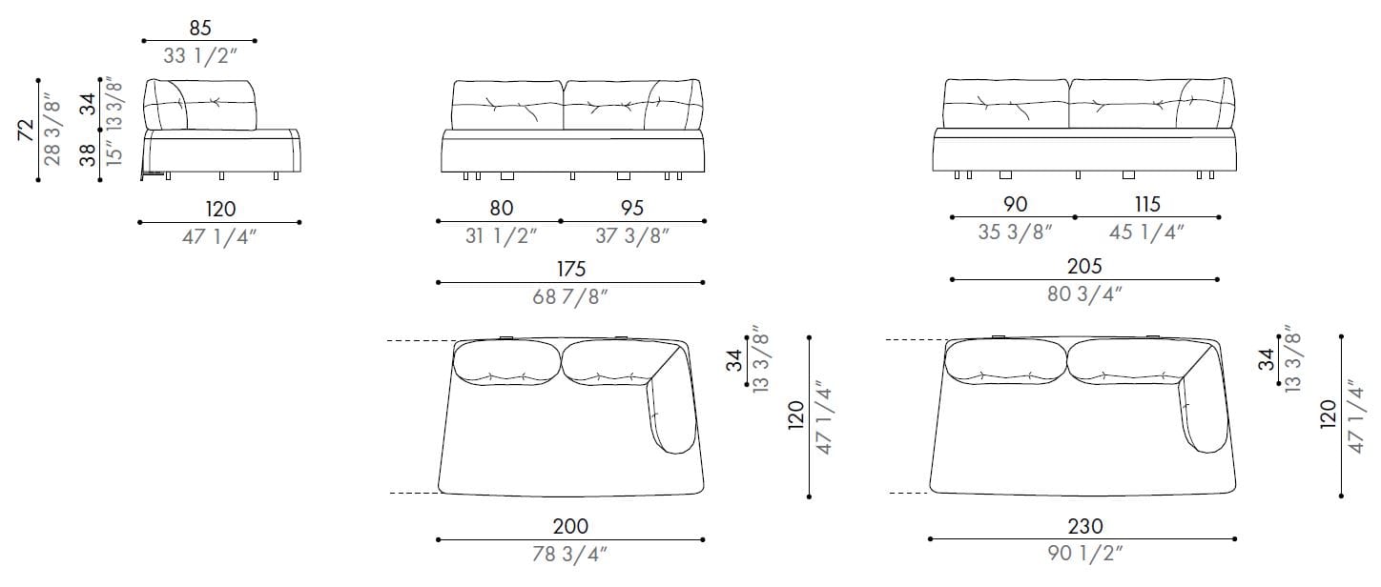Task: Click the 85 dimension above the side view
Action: [199, 29]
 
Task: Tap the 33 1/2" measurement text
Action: [199, 56]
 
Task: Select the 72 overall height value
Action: [26, 130]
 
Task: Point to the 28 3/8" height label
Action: [53, 130]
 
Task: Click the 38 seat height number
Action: [88, 155]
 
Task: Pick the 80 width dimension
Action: [501, 208]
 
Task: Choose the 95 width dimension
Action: [632, 208]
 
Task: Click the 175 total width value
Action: [570, 270]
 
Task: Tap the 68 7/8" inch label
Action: [570, 296]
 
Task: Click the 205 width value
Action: [1084, 267]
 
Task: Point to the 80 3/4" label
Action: [1084, 293]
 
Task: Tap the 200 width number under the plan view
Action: [570, 526]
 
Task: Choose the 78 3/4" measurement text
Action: [570, 555]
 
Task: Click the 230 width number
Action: [1084, 526]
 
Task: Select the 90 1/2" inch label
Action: [1084, 553]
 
